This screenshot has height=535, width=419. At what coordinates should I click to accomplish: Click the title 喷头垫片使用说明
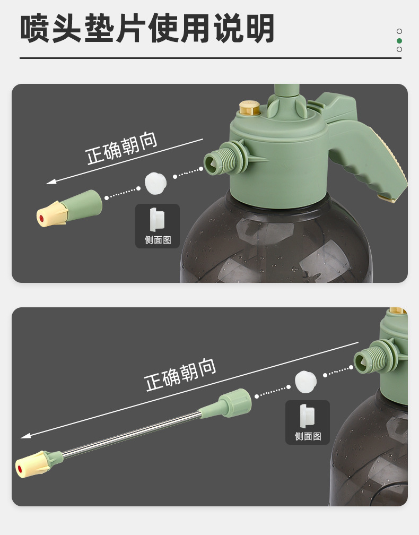pyautogui.click(x=147, y=28)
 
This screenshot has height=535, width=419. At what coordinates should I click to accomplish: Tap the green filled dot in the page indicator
pyautogui.click(x=399, y=41)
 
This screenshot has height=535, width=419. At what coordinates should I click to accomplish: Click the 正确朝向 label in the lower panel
pyautogui.click(x=180, y=374)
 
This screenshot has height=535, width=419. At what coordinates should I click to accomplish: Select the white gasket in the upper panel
pyautogui.click(x=155, y=183)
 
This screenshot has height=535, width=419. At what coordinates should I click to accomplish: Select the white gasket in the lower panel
pyautogui.click(x=305, y=382)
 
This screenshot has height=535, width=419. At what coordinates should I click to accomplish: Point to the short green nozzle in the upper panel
pyautogui.click(x=69, y=208)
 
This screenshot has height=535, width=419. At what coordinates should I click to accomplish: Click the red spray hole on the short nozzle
pyautogui.click(x=41, y=218)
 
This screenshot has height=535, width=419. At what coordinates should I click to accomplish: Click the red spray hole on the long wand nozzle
pyautogui.click(x=20, y=469)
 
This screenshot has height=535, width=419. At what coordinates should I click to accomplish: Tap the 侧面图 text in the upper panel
pyautogui.click(x=158, y=240)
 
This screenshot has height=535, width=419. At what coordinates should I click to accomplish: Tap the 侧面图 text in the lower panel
pyautogui.click(x=308, y=436)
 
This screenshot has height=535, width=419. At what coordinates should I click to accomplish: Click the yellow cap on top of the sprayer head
pyautogui.click(x=250, y=107)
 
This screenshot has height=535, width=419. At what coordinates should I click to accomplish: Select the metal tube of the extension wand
pyautogui.click(x=131, y=434)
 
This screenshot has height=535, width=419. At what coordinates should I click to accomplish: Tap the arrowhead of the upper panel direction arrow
pyautogui.click(x=51, y=182)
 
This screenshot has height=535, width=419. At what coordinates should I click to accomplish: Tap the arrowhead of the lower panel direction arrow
pyautogui.click(x=25, y=435)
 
